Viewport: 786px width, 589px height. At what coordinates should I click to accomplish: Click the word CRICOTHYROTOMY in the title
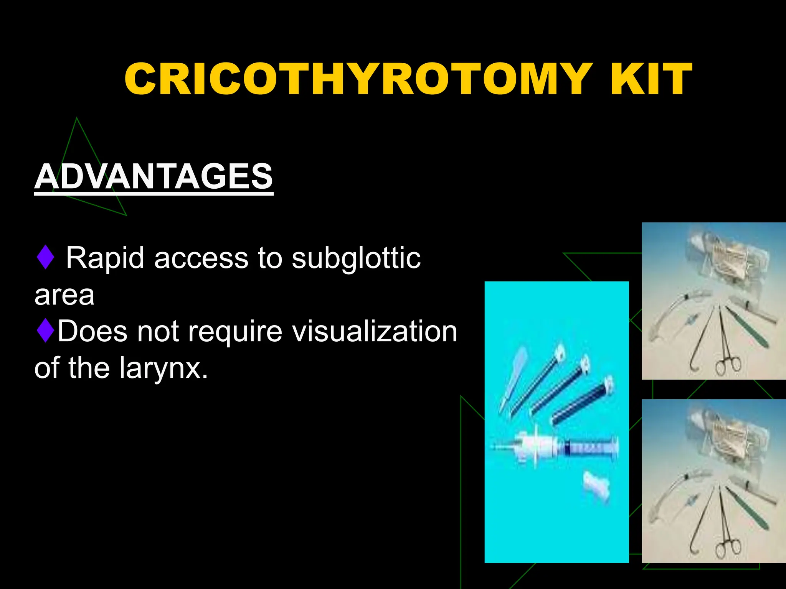(357, 79)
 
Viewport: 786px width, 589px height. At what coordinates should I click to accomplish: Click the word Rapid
(106, 258)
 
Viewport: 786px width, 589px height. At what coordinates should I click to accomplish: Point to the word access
(201, 258)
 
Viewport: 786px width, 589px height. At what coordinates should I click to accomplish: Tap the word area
(64, 295)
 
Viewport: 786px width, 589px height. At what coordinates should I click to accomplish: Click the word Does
(92, 331)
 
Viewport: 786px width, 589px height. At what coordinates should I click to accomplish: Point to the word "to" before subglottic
(270, 258)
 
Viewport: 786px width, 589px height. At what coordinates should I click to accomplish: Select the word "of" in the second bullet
(47, 367)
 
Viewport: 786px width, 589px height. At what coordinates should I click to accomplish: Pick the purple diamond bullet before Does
(45, 331)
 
